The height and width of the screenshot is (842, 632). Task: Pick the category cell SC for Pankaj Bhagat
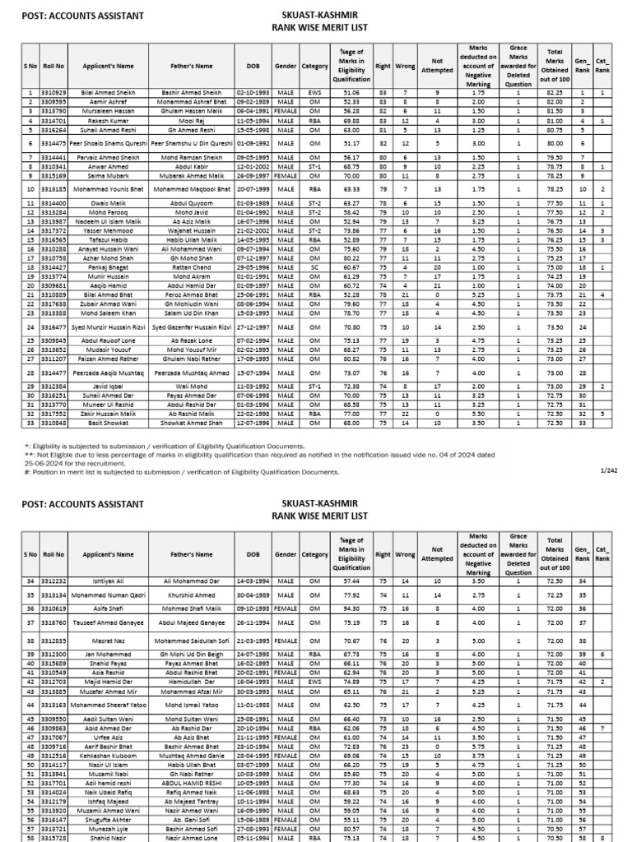pos(314,267)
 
